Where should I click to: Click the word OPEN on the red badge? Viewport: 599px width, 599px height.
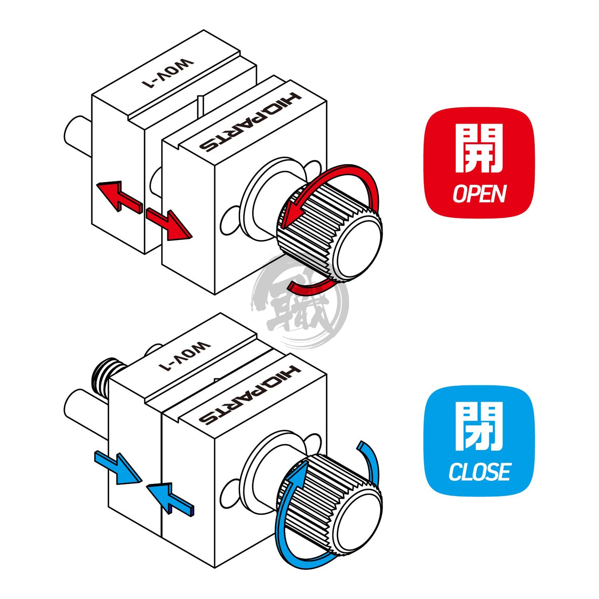click(x=479, y=194)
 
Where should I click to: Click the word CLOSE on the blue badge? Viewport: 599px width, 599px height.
click(x=479, y=472)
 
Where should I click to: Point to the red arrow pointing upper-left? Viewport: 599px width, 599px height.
click(x=118, y=195)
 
